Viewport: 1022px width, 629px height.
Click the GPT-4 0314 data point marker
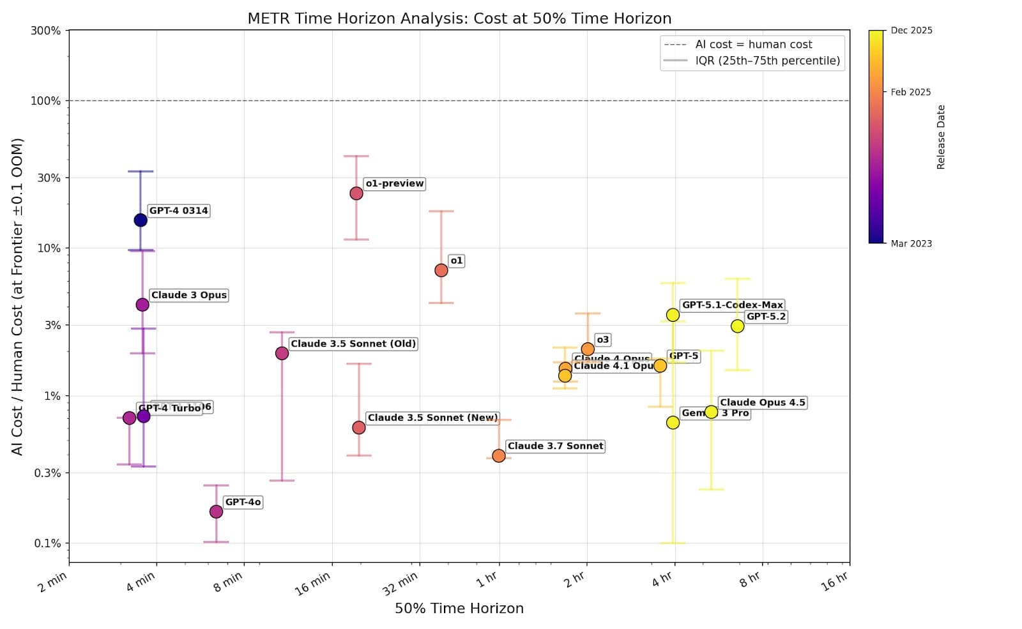pyautogui.click(x=141, y=220)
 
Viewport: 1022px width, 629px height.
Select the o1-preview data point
pyautogui.click(x=356, y=193)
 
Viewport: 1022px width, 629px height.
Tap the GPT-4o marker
pyautogui.click(x=216, y=512)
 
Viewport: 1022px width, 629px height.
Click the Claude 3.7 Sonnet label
pyautogui.click(x=554, y=446)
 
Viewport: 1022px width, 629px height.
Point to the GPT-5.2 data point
pyautogui.click(x=737, y=326)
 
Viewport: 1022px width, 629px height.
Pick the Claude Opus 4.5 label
pyautogui.click(x=762, y=403)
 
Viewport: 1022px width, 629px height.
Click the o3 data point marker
pyautogui.click(x=588, y=349)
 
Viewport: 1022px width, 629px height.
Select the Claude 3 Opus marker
pyautogui.click(x=142, y=305)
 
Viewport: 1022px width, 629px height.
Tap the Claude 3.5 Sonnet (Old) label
pyautogui.click(x=353, y=344)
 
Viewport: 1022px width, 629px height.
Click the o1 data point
pyautogui.click(x=441, y=271)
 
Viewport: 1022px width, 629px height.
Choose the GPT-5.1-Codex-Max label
pyautogui.click(x=732, y=305)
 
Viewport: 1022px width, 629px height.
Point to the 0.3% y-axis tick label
pyautogui.click(x=47, y=473)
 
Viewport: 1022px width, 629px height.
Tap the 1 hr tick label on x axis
pyautogui.click(x=487, y=580)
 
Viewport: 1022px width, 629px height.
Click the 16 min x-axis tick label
pyautogui.click(x=312, y=584)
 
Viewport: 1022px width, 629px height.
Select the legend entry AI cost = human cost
pyautogui.click(x=753, y=45)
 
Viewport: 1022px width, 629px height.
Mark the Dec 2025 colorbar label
pyautogui.click(x=911, y=31)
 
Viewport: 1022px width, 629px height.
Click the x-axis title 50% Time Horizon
pyautogui.click(x=459, y=609)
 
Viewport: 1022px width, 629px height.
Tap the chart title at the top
pyautogui.click(x=459, y=19)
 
